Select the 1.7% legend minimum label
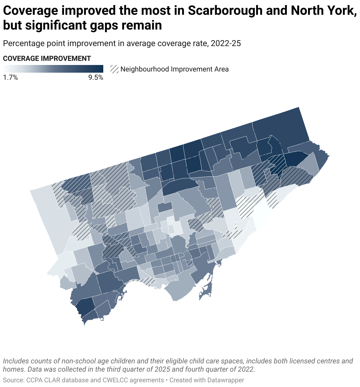[x=10, y=78]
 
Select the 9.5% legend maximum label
[x=96, y=78]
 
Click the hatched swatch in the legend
[x=114, y=69]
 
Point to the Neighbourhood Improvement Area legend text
[x=174, y=69]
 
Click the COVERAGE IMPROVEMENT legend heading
[x=47, y=58]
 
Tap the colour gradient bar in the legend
[x=53, y=69]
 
